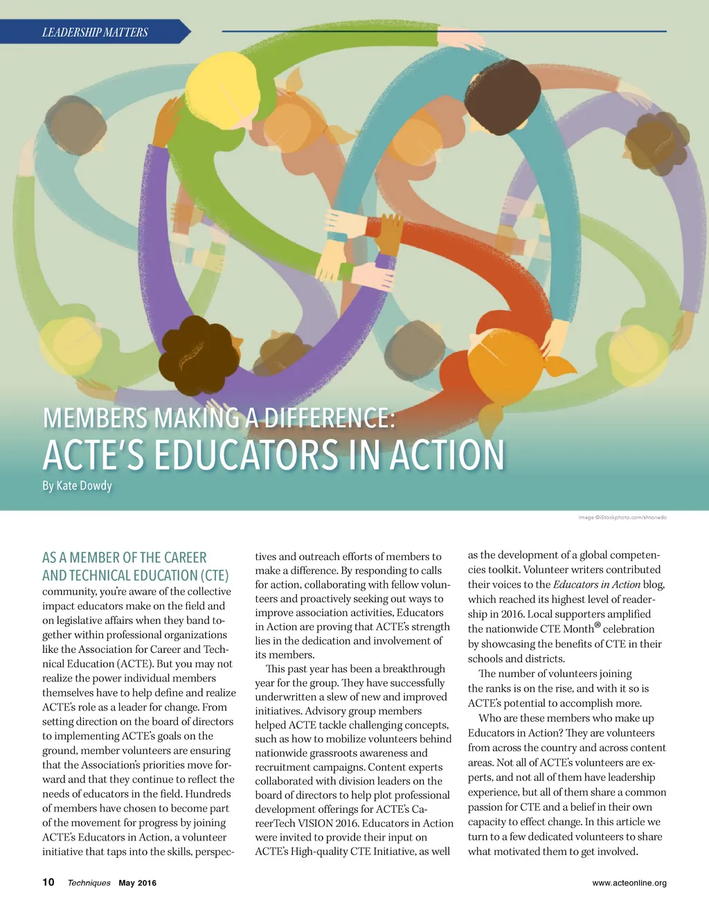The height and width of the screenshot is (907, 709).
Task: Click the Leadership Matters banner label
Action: tap(95, 32)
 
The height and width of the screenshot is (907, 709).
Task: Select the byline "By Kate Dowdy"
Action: tap(77, 485)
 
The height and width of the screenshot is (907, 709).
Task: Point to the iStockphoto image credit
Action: tap(622, 517)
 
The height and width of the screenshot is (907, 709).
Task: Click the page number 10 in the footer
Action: tap(48, 882)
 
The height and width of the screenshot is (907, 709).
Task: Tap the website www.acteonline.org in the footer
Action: tap(629, 883)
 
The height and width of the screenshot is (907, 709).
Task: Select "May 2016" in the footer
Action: tap(138, 883)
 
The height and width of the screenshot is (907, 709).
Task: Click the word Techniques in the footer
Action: tap(89, 883)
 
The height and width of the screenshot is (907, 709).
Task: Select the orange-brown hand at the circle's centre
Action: tap(390, 234)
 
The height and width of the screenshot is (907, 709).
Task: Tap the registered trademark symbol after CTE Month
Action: tap(598, 627)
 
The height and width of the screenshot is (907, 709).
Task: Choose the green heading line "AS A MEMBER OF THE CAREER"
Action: tap(125, 557)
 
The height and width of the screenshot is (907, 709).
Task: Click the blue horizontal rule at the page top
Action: tap(443, 31)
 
